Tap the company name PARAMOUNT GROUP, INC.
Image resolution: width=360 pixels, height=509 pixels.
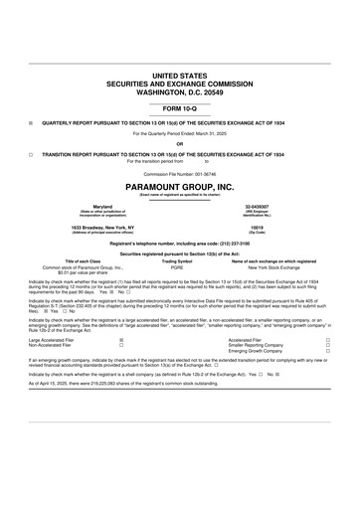click(x=180, y=186)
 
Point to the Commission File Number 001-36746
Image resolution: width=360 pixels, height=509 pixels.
click(x=180, y=174)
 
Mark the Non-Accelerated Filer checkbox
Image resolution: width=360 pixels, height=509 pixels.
click(x=121, y=345)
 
